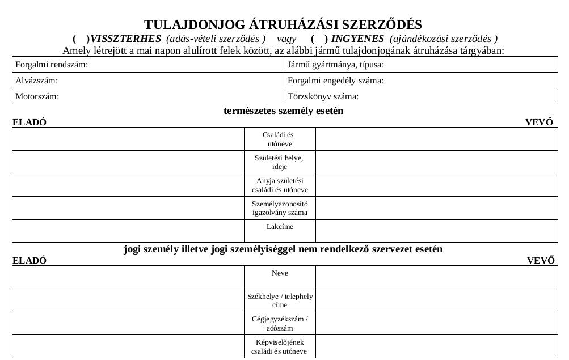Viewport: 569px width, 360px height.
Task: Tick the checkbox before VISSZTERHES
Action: point(81,39)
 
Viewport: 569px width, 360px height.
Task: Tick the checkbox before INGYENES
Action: point(319,39)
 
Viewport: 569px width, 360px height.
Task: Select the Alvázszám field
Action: point(170,81)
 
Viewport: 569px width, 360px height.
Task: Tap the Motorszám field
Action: point(170,96)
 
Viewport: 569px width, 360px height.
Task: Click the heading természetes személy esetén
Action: point(284,111)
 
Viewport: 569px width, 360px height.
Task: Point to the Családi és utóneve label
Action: point(279,139)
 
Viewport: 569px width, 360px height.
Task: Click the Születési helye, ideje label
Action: point(279,162)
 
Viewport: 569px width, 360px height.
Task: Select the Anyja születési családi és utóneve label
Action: point(280,185)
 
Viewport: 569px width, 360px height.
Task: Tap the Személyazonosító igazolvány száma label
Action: point(280,208)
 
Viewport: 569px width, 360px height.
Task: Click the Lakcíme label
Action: point(280,227)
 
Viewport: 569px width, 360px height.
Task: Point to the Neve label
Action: point(280,273)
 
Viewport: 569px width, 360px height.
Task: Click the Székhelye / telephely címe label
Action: point(280,300)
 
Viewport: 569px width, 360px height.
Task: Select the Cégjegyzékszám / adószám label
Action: point(280,323)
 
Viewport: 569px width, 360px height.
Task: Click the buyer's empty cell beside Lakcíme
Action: point(436,231)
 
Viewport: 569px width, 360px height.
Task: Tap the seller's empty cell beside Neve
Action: point(128,277)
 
